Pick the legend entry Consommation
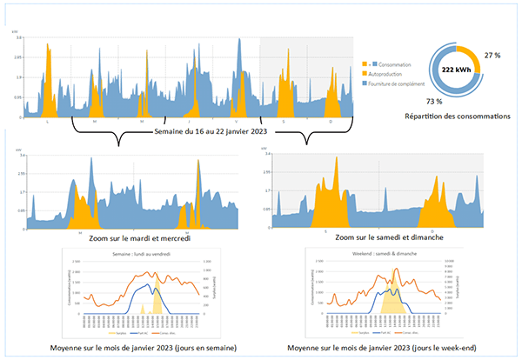392,65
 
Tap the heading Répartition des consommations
458,115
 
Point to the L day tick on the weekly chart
47,120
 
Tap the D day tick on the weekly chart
331,120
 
